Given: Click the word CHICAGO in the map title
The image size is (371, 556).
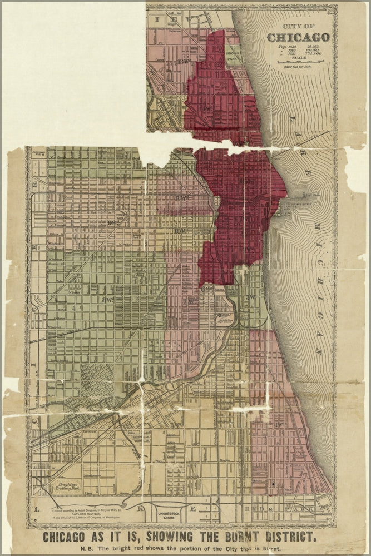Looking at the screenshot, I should [298, 38].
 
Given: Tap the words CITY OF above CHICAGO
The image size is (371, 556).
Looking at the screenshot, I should [298, 27].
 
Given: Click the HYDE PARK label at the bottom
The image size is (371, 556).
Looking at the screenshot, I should [303, 508].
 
